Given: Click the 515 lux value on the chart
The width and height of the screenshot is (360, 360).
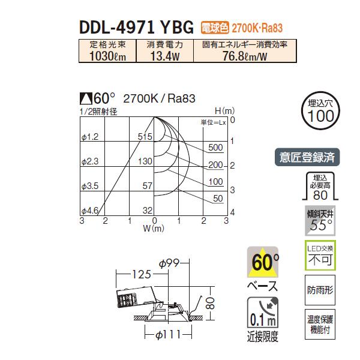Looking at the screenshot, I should tap(145, 137).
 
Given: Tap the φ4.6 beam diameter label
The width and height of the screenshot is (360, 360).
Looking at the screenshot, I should tap(89, 210).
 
